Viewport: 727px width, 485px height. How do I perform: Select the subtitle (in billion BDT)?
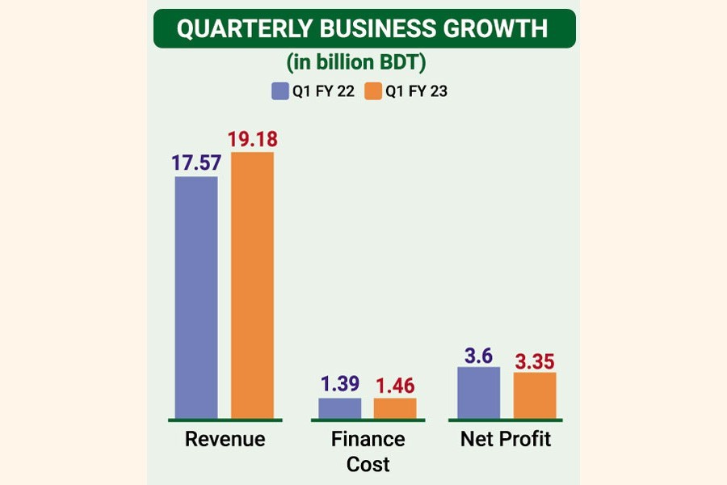coord(363,63)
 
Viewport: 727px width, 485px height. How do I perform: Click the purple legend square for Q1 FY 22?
coord(279,91)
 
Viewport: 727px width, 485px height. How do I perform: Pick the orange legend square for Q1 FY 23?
coord(373,91)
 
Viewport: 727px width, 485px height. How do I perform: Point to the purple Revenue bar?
coord(196,297)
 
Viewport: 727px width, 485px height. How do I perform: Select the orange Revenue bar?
coord(252,285)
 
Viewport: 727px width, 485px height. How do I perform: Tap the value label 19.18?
coord(252,139)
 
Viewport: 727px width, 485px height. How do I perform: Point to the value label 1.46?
coord(395,385)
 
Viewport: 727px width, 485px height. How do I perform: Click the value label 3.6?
coord(479,354)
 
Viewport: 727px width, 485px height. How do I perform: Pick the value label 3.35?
coord(535,359)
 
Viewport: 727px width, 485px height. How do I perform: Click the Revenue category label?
coord(225,440)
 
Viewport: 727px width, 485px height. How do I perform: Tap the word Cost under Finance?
coord(368,464)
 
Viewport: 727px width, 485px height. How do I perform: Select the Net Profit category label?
coord(506,440)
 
